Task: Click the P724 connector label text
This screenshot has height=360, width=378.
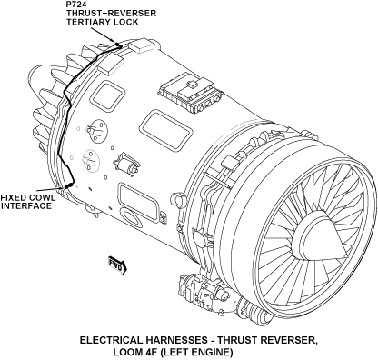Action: [76, 5]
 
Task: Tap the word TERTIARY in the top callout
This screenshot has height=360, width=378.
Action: [88, 22]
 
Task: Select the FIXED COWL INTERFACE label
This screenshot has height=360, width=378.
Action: [28, 202]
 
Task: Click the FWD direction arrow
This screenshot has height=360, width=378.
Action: [117, 265]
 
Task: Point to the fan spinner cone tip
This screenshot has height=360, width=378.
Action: [346, 253]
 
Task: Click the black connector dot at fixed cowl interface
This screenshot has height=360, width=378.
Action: [66, 186]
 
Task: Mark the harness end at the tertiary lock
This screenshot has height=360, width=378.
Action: [119, 45]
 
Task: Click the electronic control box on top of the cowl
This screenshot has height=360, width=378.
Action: [190, 92]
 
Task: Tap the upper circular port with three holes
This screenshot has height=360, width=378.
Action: [97, 130]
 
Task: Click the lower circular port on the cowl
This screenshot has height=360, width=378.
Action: [91, 159]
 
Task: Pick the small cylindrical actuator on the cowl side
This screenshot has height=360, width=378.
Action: [126, 164]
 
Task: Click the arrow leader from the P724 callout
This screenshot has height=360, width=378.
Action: [102, 35]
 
